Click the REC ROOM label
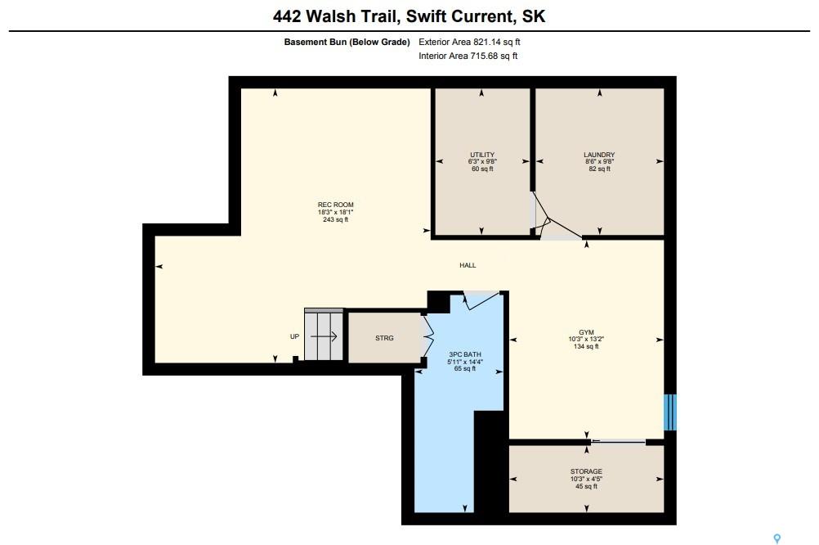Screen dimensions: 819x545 click(x=335, y=205)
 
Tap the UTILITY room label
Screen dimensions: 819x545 click(x=482, y=155)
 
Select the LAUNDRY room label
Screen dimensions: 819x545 click(x=599, y=155)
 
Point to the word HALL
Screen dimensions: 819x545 click(x=468, y=265)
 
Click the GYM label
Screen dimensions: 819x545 click(x=586, y=332)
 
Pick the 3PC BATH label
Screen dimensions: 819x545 click(x=465, y=354)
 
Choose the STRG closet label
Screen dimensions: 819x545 click(x=384, y=338)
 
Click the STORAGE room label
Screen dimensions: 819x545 click(x=586, y=471)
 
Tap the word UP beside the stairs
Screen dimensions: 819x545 click(x=294, y=336)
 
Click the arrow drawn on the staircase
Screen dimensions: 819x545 click(x=324, y=336)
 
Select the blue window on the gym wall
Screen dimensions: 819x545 click(x=670, y=412)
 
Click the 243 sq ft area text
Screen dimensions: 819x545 click(x=335, y=219)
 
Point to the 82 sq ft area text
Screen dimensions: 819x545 click(x=599, y=169)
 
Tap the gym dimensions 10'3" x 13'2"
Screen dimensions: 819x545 click(x=586, y=339)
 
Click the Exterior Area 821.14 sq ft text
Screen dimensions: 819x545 click(x=469, y=42)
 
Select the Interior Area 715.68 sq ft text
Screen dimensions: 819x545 click(x=468, y=56)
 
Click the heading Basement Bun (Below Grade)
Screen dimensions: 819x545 click(x=347, y=42)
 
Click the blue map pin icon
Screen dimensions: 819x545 click(x=777, y=538)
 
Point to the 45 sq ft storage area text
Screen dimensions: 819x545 click(x=586, y=486)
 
